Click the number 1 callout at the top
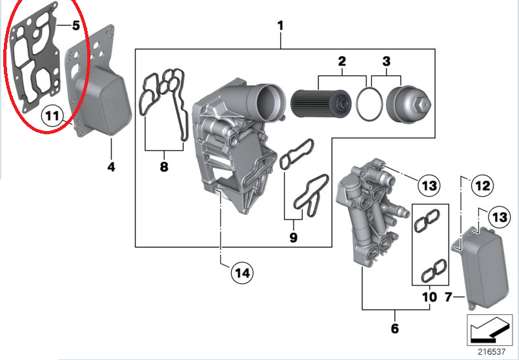(x=281, y=26)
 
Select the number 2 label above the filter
(x=342, y=62)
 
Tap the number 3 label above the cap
(x=386, y=62)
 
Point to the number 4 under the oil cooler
(x=111, y=167)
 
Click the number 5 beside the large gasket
(x=76, y=26)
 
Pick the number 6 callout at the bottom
(x=394, y=328)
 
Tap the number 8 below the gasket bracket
(x=163, y=167)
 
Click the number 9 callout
(x=293, y=237)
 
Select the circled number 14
(x=241, y=272)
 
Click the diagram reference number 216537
(x=491, y=352)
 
